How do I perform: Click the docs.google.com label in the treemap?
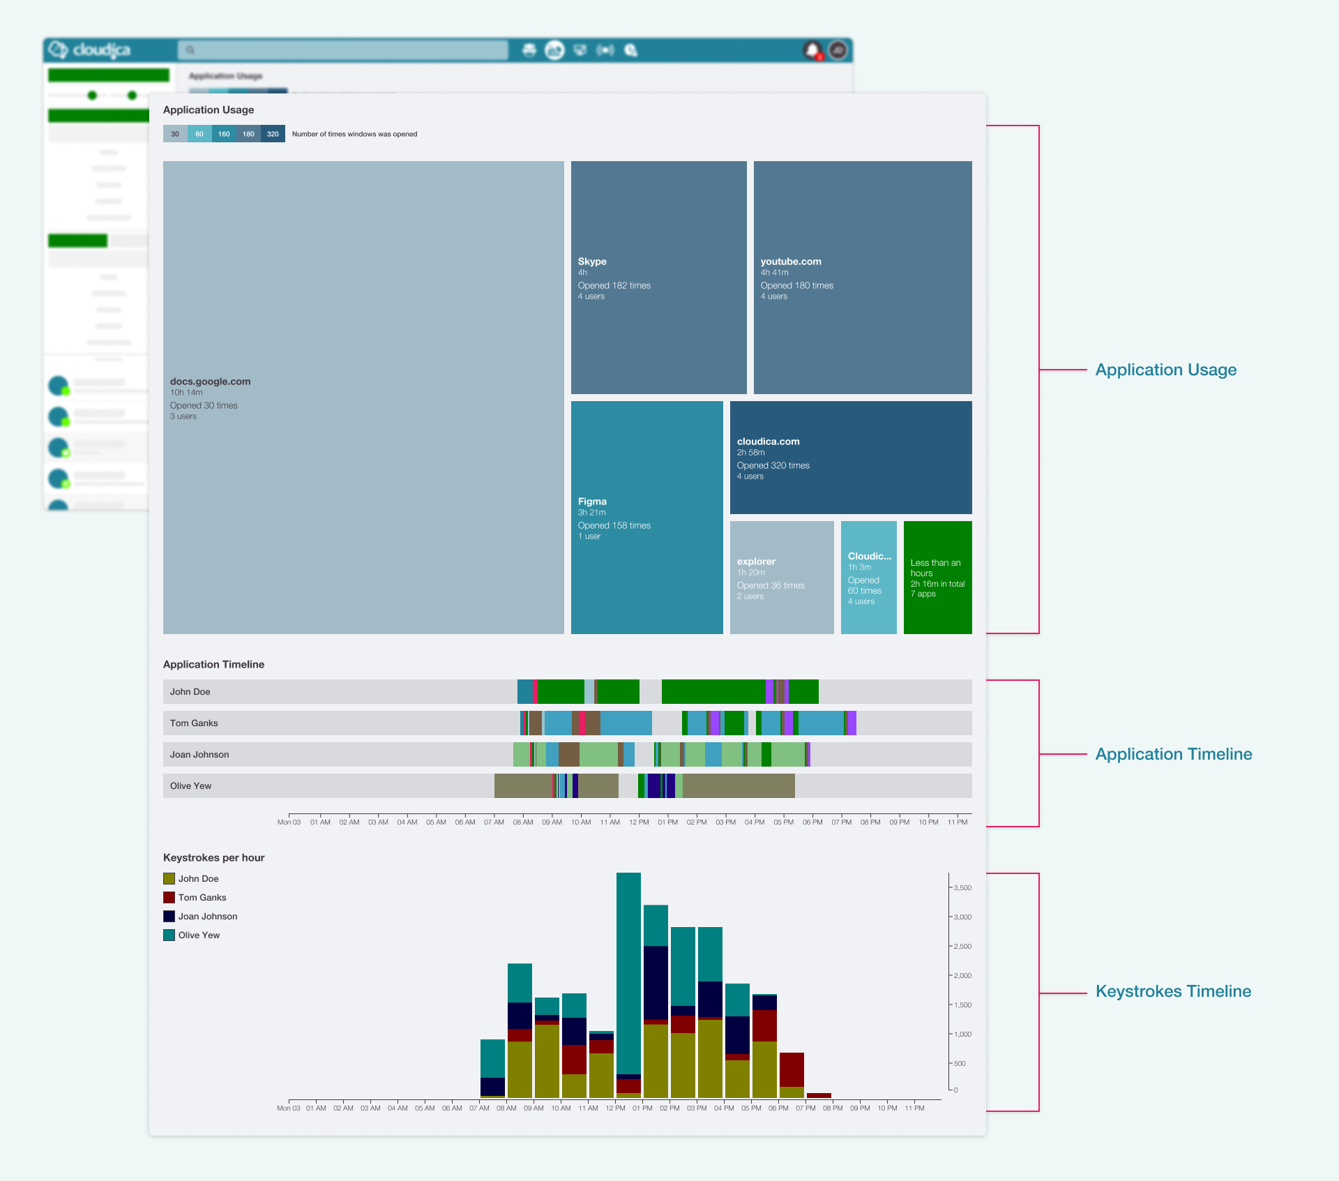pyautogui.click(x=210, y=382)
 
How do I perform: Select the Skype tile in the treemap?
pyautogui.click(x=658, y=277)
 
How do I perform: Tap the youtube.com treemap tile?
pyautogui.click(x=862, y=277)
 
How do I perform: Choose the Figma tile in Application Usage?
pyautogui.click(x=646, y=517)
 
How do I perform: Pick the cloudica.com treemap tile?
pyautogui.click(x=850, y=457)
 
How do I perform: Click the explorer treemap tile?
pyautogui.click(x=781, y=577)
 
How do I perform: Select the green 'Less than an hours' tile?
pyautogui.click(x=937, y=577)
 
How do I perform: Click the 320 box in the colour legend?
pyautogui.click(x=273, y=134)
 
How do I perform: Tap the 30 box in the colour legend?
pyautogui.click(x=175, y=134)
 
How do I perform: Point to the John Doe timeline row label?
pyautogui.click(x=190, y=692)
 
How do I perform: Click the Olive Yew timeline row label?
pyautogui.click(x=191, y=786)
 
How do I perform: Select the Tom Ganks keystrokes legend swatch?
pyautogui.click(x=169, y=898)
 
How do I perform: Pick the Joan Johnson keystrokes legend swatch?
pyautogui.click(x=169, y=917)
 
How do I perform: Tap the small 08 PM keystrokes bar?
pyautogui.click(x=819, y=1095)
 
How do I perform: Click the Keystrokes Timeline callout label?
pyautogui.click(x=1173, y=991)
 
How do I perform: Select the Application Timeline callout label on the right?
pyautogui.click(x=1173, y=754)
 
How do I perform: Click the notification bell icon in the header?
pyautogui.click(x=812, y=50)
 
